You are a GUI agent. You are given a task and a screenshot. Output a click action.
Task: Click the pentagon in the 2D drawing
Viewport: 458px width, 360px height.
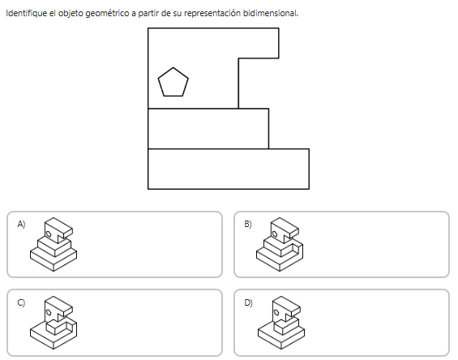pyautogui.click(x=173, y=83)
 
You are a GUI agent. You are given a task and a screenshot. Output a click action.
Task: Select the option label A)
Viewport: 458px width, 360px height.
pyautogui.click(x=21, y=224)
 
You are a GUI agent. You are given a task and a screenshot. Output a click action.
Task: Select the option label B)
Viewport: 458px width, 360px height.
pyautogui.click(x=248, y=224)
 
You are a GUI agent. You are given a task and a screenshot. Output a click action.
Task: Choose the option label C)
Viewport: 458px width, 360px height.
pyautogui.click(x=21, y=302)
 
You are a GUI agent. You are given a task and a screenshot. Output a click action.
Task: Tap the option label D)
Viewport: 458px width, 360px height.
pyautogui.click(x=248, y=302)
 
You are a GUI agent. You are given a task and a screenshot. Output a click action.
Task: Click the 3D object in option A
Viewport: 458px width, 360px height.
pyautogui.click(x=54, y=244)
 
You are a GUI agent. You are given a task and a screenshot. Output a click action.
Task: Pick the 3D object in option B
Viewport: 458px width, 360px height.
pyautogui.click(x=280, y=244)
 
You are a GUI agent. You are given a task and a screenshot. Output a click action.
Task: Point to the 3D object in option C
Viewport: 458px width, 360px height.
pyautogui.click(x=54, y=323)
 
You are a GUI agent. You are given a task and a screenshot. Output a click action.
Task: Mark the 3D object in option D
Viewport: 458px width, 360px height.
pyautogui.click(x=281, y=323)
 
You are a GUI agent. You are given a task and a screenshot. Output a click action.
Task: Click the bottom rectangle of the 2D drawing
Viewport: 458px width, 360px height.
pyautogui.click(x=229, y=169)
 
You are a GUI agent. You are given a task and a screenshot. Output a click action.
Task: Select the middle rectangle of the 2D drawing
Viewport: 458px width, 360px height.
pyautogui.click(x=208, y=129)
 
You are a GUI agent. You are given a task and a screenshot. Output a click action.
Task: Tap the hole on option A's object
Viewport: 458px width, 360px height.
pyautogui.click(x=49, y=234)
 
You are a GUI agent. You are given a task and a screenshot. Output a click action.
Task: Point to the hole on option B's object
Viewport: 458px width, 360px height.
pyautogui.click(x=275, y=234)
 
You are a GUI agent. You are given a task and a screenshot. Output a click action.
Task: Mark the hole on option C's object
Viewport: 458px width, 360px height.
pyautogui.click(x=49, y=313)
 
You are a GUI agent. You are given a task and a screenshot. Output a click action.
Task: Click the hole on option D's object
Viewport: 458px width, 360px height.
pyautogui.click(x=276, y=313)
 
